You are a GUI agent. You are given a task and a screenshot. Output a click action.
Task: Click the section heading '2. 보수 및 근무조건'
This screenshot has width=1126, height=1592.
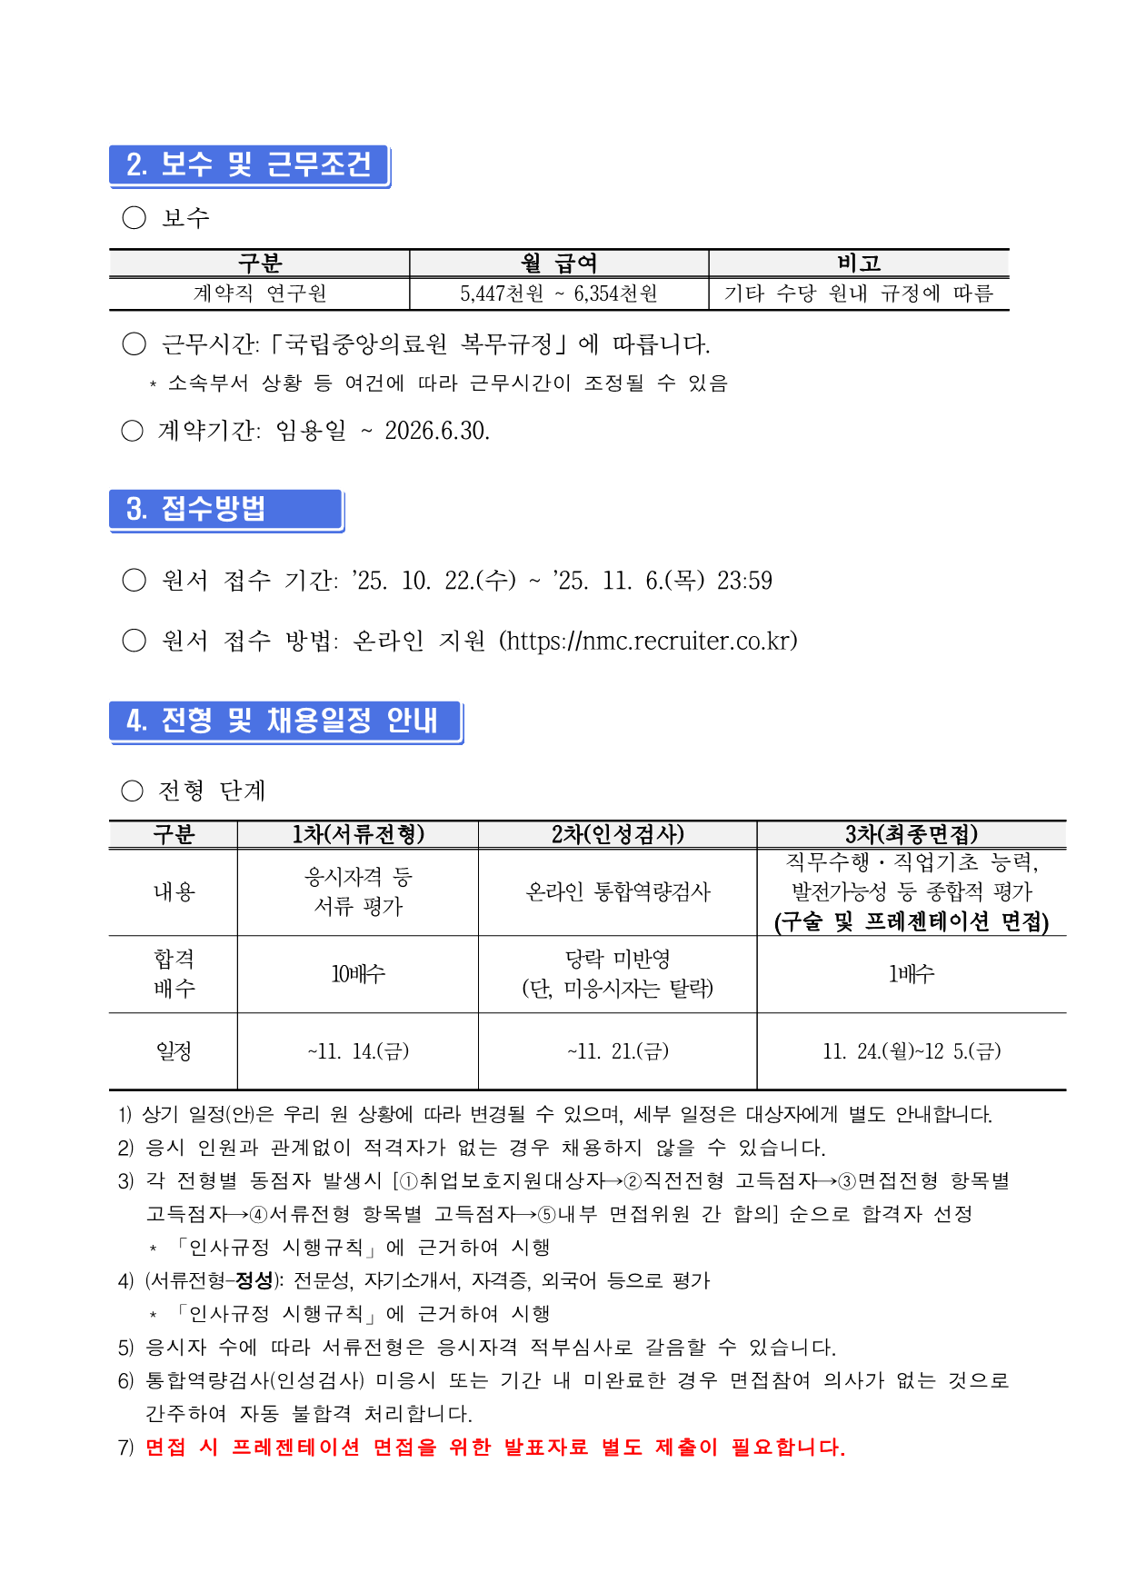tap(249, 165)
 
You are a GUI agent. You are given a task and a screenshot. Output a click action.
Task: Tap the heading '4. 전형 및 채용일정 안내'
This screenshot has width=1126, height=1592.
tap(283, 721)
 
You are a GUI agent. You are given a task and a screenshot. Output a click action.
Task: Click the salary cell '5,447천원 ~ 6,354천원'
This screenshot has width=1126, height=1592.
tap(558, 294)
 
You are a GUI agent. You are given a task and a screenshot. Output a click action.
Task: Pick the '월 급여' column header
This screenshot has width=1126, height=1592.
tap(558, 264)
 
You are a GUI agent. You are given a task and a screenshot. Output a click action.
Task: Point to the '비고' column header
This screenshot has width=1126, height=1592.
tap(859, 264)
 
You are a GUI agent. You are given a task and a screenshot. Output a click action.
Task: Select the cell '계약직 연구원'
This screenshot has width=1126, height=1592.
tap(260, 294)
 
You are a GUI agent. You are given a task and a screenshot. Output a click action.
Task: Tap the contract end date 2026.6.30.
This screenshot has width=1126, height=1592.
tap(437, 431)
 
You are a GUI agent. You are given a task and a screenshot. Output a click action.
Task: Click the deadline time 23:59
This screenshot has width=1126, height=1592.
tap(744, 581)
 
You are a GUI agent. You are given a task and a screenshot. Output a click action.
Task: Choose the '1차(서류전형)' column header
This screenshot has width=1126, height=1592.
tap(358, 835)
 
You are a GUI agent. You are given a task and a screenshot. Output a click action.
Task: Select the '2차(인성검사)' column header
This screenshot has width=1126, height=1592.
tap(617, 835)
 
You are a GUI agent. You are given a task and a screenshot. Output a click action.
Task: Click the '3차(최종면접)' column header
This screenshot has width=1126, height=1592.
tap(911, 835)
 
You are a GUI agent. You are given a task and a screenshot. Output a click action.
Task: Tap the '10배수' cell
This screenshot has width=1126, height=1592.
tap(358, 974)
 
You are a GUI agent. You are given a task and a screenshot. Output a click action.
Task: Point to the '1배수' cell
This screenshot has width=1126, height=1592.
tap(911, 974)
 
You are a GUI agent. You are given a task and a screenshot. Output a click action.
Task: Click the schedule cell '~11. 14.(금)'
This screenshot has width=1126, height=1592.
tap(358, 1052)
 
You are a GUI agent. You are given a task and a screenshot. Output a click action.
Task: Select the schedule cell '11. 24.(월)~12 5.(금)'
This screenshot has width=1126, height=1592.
tap(911, 1052)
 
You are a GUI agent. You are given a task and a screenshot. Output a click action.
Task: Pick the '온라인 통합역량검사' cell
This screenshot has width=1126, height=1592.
tap(617, 892)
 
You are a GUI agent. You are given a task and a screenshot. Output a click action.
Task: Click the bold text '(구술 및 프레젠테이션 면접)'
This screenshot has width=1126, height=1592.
tap(911, 922)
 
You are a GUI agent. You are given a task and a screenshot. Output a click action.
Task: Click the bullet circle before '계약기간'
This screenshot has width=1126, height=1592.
tap(133, 431)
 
